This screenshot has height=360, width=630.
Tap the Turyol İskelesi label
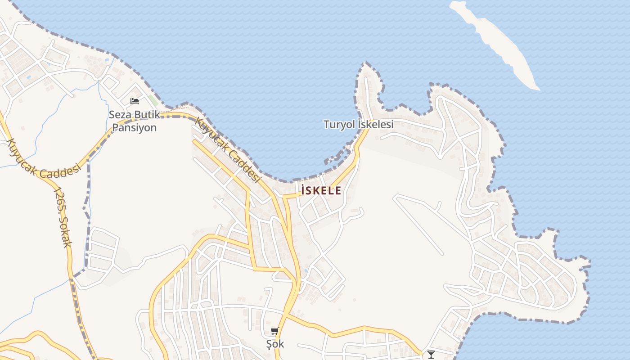coord(358,124)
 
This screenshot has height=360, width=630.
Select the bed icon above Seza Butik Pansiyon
coord(134,101)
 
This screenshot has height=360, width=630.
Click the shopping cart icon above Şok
coord(274,331)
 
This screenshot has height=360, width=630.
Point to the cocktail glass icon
coord(431,355)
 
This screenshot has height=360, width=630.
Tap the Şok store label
coord(275,344)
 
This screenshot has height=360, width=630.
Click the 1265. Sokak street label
coord(62,217)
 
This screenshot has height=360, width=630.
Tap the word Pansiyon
coord(134,127)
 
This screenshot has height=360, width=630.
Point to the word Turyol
coord(339,124)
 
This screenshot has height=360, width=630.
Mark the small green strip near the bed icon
coord(154,101)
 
